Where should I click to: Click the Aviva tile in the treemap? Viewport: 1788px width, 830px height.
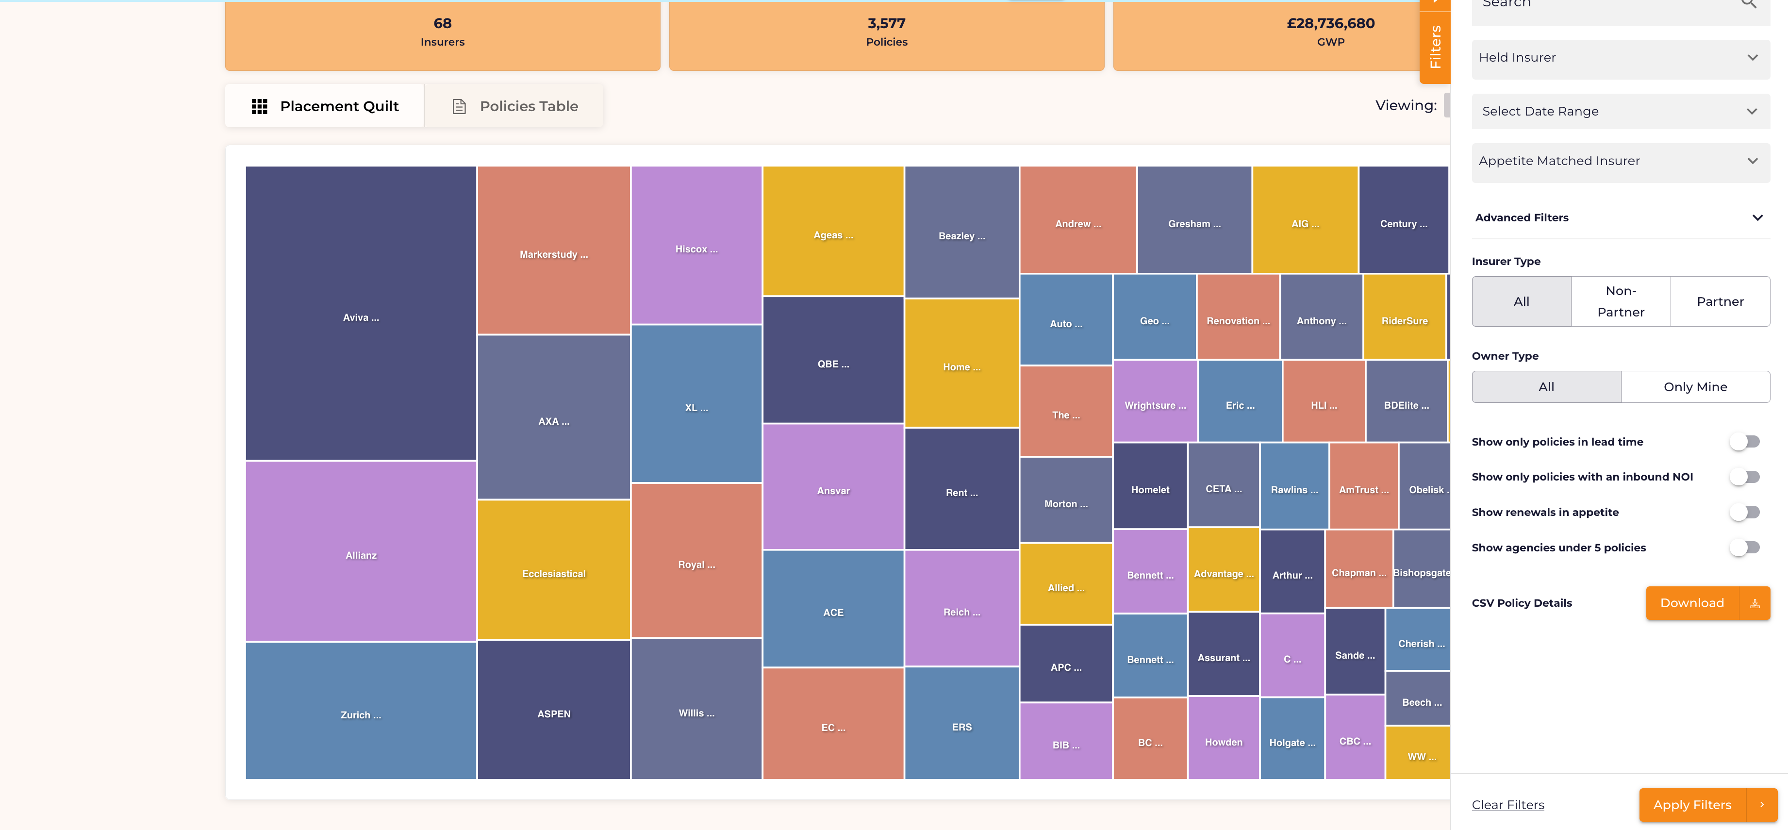[361, 313]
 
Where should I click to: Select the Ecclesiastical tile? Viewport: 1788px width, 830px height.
[554, 570]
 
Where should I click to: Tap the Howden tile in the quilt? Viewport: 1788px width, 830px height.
[1224, 738]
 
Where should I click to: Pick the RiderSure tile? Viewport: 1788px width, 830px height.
[1404, 316]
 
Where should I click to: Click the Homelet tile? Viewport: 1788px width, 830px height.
[1150, 486]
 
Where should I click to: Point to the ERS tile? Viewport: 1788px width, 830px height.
[961, 723]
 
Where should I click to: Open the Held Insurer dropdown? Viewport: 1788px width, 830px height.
[1620, 58]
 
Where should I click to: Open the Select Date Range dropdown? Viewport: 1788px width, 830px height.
[1620, 111]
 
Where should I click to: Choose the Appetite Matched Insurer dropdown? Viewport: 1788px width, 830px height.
[1620, 161]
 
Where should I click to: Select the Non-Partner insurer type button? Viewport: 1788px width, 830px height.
[1621, 301]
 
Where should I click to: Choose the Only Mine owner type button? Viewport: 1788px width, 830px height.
[1695, 386]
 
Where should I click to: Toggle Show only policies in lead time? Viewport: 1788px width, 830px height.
[1745, 441]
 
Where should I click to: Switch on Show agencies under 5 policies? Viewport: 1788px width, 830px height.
[1745, 548]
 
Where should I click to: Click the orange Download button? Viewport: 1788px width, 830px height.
[1707, 603]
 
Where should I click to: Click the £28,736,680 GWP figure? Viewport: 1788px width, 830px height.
[1330, 24]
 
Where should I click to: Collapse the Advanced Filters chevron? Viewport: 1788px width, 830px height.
[1757, 218]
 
